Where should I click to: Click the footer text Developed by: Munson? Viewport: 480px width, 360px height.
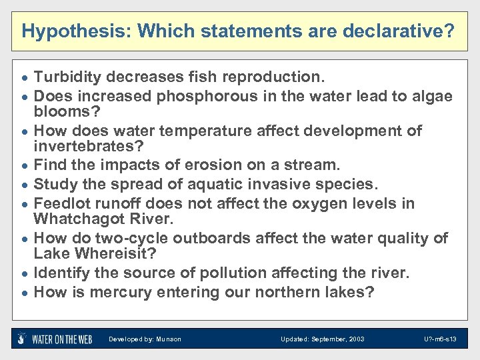coord(145,339)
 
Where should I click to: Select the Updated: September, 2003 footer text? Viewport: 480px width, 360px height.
coord(323,339)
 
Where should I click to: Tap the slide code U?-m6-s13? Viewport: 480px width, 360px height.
coord(441,339)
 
